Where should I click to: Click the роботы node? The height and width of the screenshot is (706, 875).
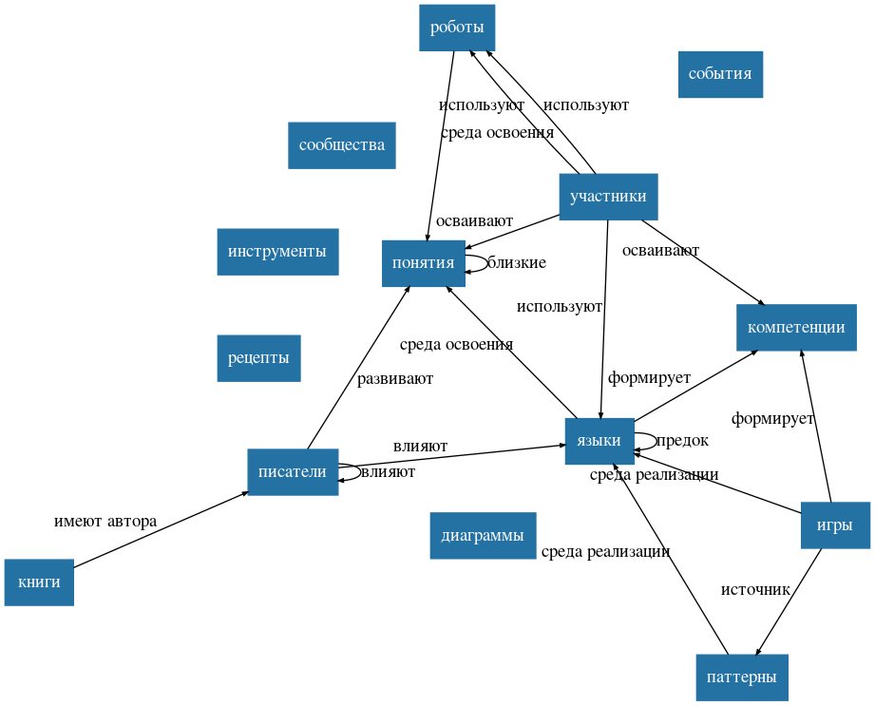click(x=457, y=28)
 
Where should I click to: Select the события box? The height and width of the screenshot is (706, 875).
click(x=720, y=74)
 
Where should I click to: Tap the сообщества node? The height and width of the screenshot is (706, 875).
click(x=341, y=145)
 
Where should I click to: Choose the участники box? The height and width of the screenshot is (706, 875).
click(x=608, y=197)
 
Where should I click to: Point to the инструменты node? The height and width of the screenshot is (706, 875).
click(x=277, y=252)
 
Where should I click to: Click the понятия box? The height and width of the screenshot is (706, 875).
click(x=423, y=263)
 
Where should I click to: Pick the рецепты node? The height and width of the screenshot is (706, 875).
click(x=258, y=358)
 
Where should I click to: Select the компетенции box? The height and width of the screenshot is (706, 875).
click(x=796, y=328)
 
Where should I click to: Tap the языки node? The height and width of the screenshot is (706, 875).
click(x=599, y=441)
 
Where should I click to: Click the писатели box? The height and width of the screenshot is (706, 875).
click(x=293, y=472)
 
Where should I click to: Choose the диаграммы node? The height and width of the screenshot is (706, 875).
click(x=483, y=536)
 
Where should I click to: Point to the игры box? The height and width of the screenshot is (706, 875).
click(x=835, y=525)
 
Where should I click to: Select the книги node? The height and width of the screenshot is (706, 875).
click(x=39, y=582)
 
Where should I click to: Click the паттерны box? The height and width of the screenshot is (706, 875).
click(x=742, y=677)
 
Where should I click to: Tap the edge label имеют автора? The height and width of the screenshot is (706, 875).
click(x=105, y=522)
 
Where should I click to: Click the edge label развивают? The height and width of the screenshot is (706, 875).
click(x=394, y=379)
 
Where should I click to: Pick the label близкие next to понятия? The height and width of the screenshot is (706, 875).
click(x=517, y=263)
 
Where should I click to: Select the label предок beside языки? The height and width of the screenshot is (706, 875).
click(x=682, y=441)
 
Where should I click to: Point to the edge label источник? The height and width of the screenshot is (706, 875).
click(x=755, y=590)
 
